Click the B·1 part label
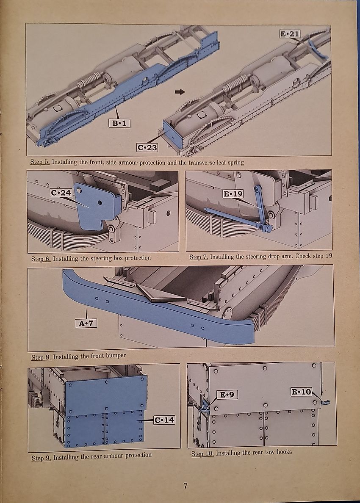click(x=119, y=123)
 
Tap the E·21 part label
click(x=290, y=33)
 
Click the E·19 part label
click(x=233, y=194)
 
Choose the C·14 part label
click(x=164, y=420)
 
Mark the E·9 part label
click(x=227, y=395)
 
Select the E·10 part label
click(x=301, y=392)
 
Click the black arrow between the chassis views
click(x=180, y=92)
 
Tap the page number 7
click(x=186, y=486)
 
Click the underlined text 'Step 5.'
click(x=39, y=162)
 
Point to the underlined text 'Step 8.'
click(x=41, y=357)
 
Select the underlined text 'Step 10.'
click(x=202, y=453)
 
